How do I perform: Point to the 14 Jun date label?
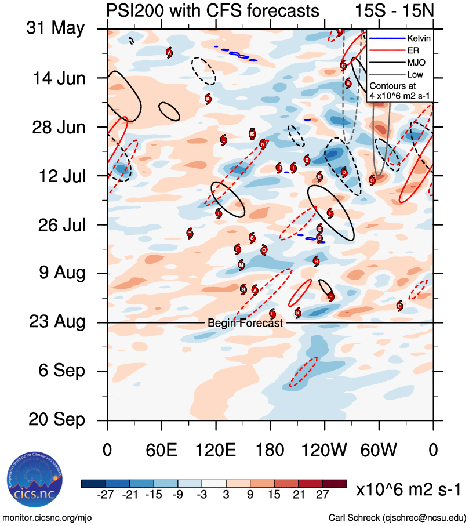coord(57,78)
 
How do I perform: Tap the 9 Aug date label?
coord(58,273)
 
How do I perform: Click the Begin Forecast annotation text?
coord(245,323)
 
